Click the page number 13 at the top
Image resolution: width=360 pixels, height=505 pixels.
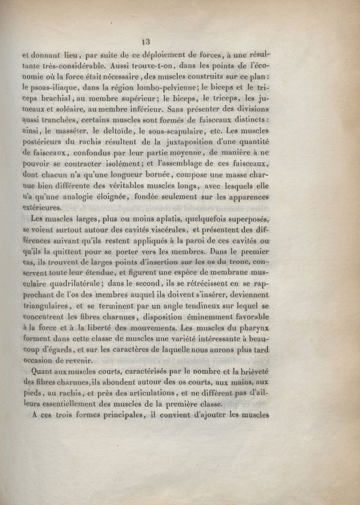(145, 43)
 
